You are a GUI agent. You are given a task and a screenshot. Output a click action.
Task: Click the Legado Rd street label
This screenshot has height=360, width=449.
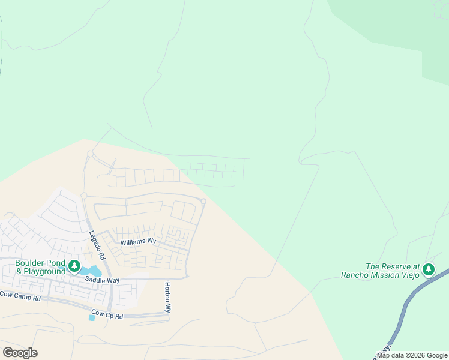(x=97, y=245)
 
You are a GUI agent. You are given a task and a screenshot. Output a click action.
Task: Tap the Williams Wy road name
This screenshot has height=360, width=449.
(x=138, y=241)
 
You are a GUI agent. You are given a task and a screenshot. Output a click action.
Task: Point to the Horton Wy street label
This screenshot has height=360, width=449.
(x=168, y=298)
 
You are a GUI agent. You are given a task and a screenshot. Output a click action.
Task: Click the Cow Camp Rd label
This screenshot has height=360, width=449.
(x=20, y=297)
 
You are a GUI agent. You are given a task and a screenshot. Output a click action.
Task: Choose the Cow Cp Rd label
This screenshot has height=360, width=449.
(x=107, y=314)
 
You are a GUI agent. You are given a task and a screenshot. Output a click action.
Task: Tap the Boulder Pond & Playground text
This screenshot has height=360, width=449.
(x=40, y=268)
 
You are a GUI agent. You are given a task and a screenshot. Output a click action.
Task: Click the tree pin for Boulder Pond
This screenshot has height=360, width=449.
(x=74, y=265)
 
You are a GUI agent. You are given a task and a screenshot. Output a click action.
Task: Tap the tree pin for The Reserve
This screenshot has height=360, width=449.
(x=428, y=269)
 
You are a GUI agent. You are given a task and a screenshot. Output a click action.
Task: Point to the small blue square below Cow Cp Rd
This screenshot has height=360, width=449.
(x=91, y=318)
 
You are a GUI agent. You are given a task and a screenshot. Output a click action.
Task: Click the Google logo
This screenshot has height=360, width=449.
(x=20, y=353)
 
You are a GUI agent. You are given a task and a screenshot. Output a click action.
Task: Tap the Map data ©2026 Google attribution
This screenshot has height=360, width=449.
(x=412, y=355)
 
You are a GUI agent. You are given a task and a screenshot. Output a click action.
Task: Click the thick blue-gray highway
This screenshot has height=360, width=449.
(x=408, y=312)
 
